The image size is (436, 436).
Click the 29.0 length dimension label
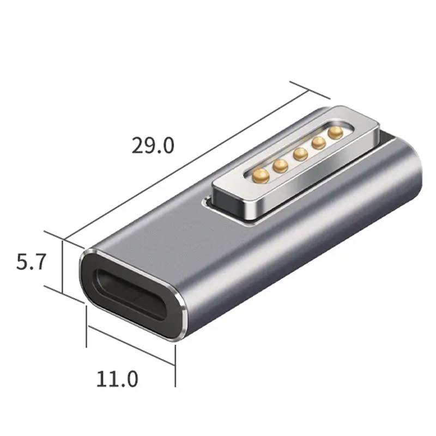point(153,146)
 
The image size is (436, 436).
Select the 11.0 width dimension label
point(117,378)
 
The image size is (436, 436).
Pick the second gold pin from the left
point(281,165)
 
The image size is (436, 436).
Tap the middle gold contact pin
point(299,154)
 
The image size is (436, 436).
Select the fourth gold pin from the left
point(317,143)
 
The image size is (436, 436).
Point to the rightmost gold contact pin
point(334,132)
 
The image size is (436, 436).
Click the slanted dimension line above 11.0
point(131,343)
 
